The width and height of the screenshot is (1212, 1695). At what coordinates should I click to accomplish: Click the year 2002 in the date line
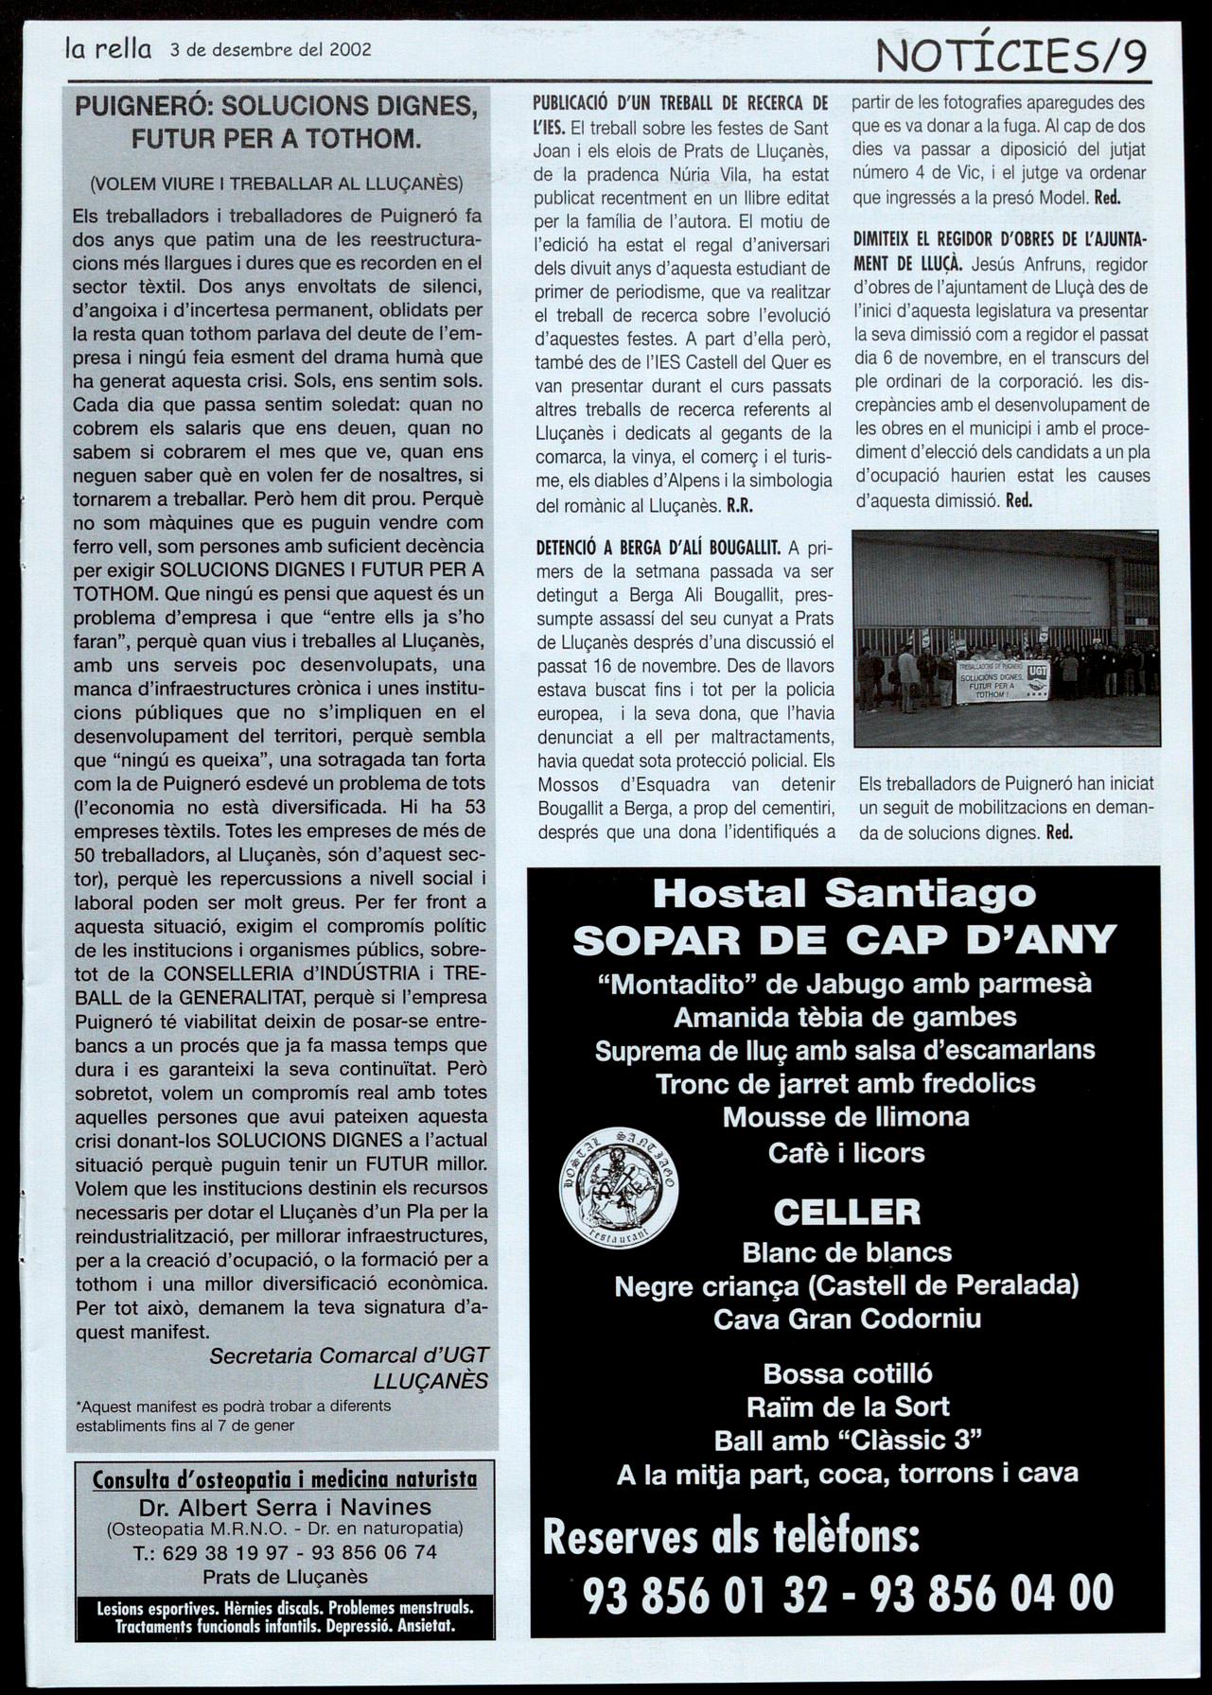(x=349, y=50)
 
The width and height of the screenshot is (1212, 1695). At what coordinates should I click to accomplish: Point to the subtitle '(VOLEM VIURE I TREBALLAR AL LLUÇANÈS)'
(x=276, y=183)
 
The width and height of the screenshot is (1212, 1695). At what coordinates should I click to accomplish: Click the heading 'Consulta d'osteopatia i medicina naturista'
(x=285, y=1479)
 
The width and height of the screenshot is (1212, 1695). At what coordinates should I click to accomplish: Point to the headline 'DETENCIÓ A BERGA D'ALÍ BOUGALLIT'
(x=658, y=548)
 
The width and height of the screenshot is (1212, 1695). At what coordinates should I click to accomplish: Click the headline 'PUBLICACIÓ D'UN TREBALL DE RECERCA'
(x=680, y=103)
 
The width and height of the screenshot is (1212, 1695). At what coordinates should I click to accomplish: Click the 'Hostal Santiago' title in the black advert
(x=844, y=893)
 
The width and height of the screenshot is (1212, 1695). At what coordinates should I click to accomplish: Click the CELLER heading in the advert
(x=847, y=1212)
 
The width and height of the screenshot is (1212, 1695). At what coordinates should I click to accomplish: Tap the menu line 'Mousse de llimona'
(x=846, y=1117)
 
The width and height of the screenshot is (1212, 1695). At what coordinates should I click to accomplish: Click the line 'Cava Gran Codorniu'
(x=847, y=1319)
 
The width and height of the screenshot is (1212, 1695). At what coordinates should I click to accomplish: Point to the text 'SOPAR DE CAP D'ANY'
(x=845, y=939)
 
